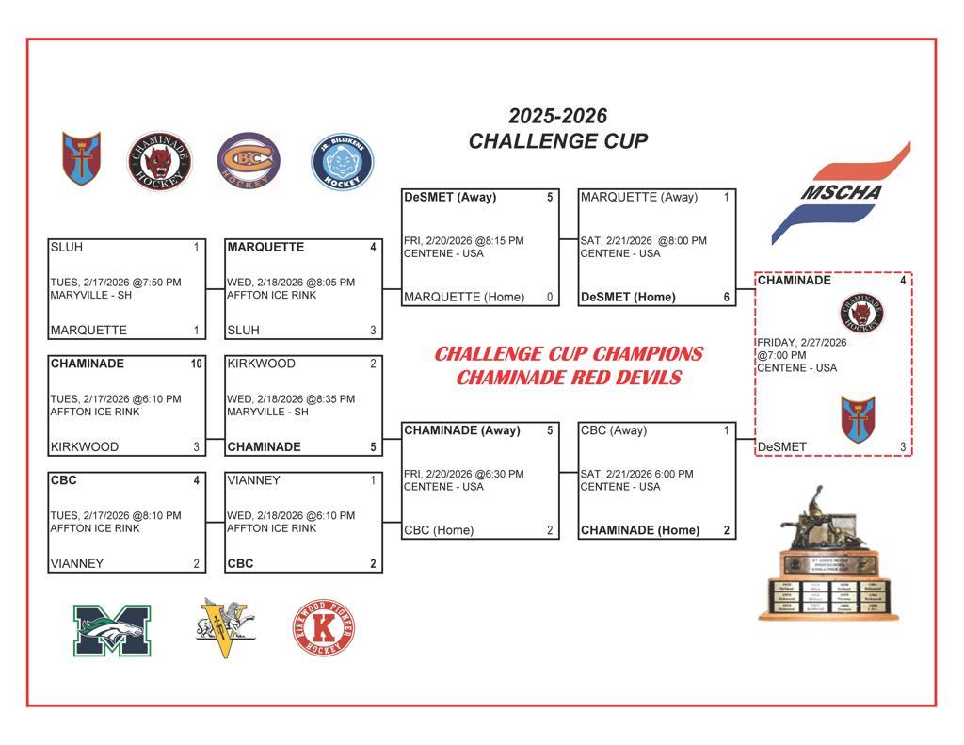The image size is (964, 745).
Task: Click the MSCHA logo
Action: click(841, 193)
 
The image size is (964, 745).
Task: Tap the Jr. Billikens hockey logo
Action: click(343, 161)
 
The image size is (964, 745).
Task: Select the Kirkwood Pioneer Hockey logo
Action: click(324, 627)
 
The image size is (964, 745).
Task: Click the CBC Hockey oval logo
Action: click(249, 160)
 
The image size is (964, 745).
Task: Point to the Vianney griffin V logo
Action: click(225, 627)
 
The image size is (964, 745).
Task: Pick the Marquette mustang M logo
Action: click(112, 631)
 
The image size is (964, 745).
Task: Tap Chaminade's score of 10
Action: click(196, 364)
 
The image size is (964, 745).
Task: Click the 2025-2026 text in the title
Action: click(557, 116)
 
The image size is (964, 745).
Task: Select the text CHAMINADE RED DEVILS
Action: click(569, 377)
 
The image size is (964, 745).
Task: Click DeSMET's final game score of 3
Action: click(903, 447)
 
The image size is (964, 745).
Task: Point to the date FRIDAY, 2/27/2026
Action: click(802, 343)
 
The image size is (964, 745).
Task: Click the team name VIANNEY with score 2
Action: click(77, 563)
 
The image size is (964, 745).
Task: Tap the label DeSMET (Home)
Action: click(628, 297)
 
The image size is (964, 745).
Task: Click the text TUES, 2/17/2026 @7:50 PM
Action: click(116, 283)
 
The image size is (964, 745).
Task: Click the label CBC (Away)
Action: click(614, 430)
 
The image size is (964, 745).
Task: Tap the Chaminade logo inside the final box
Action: click(861, 313)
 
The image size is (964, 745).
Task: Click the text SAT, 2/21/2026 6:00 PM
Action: click(637, 475)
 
